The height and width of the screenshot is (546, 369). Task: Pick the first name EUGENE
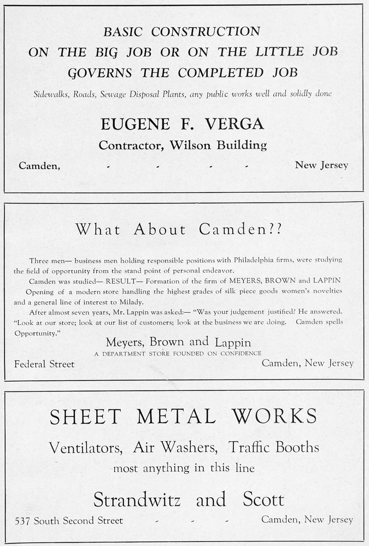pos(138,124)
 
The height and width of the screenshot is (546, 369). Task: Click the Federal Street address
pos(44,364)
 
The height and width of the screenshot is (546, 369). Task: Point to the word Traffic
pos(249,448)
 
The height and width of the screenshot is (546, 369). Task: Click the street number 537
pos(23,520)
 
